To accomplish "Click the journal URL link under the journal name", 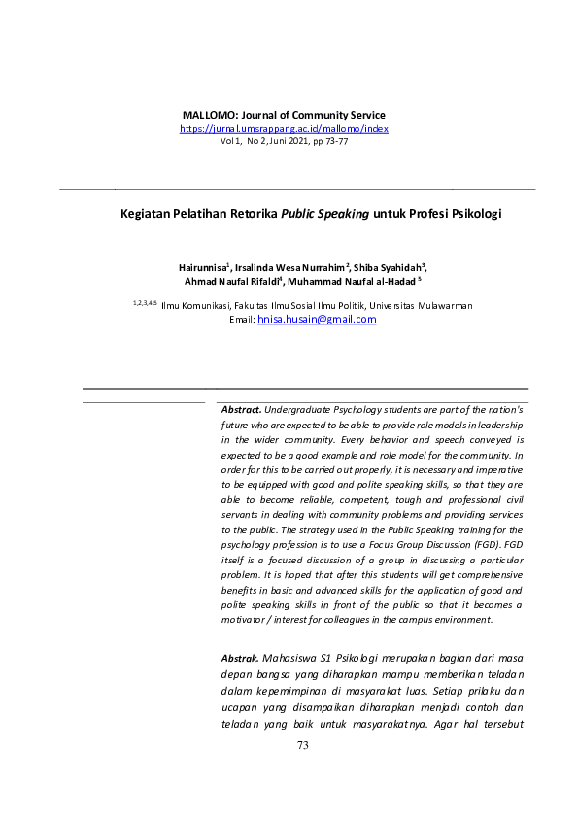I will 284,128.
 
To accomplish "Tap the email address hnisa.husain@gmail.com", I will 317,319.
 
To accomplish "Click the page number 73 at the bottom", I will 302,746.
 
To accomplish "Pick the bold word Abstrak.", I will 241,658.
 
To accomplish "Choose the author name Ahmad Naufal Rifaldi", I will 238,281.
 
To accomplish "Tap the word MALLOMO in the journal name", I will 208,115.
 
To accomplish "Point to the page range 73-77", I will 336,141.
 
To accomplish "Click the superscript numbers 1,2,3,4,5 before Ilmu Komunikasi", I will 145,303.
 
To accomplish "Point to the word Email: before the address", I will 242,319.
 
